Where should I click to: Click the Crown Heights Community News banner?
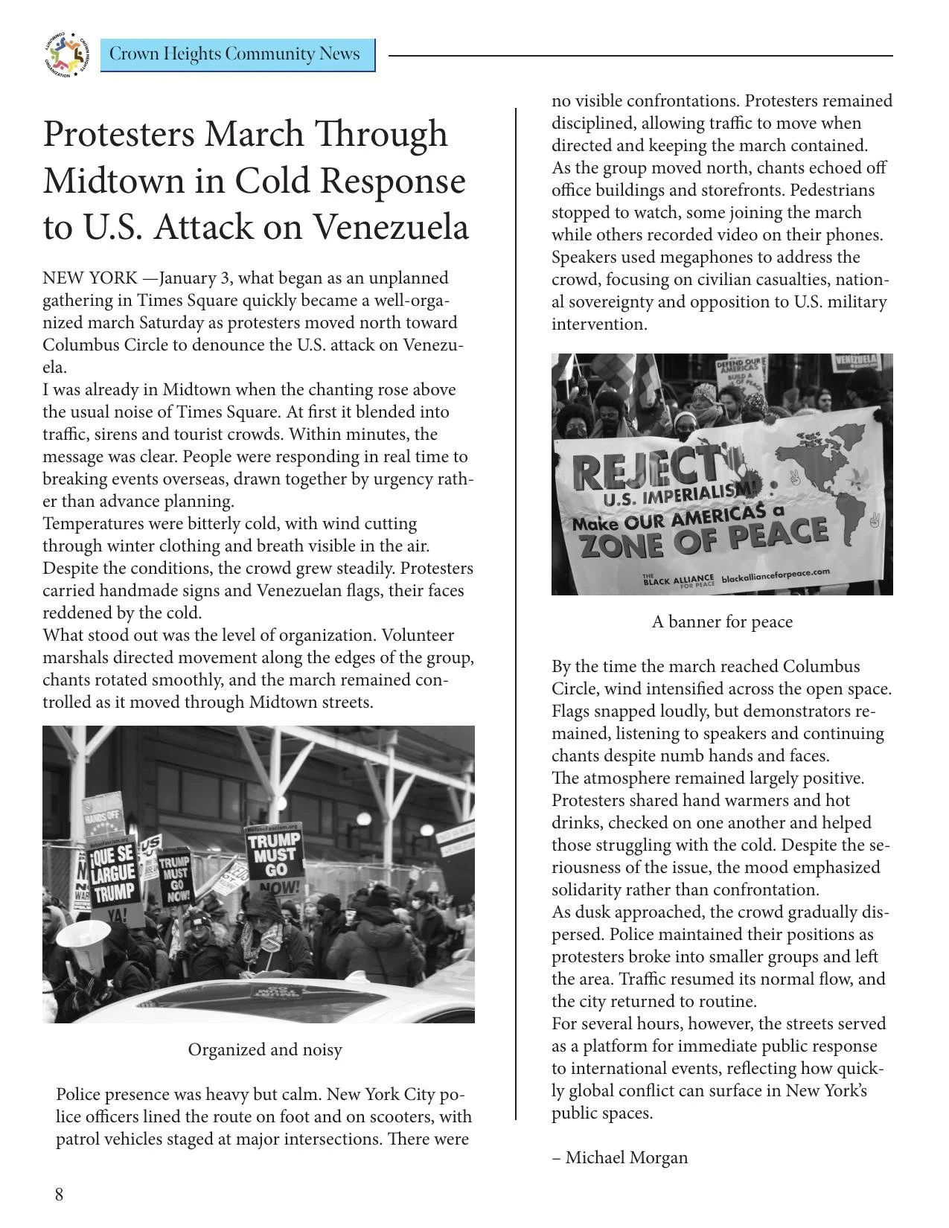point(237,55)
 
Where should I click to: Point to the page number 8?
point(60,1195)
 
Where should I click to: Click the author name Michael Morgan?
point(627,1157)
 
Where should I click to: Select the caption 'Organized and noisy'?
point(265,1049)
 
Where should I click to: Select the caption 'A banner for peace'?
point(722,621)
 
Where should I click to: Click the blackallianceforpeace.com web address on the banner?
point(775,575)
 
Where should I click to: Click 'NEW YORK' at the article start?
point(89,278)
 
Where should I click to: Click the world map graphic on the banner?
point(826,476)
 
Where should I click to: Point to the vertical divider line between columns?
point(516,610)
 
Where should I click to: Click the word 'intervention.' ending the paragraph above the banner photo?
point(599,324)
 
